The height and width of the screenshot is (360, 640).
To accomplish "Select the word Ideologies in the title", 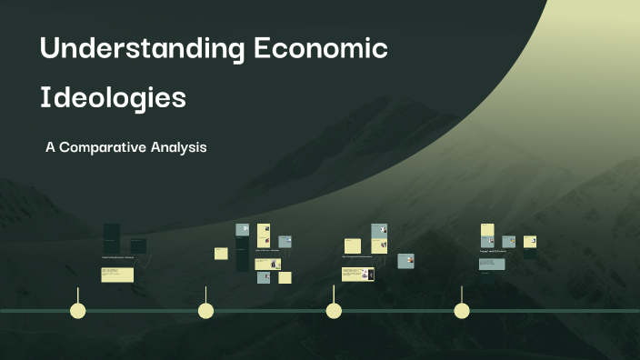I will coord(113,97).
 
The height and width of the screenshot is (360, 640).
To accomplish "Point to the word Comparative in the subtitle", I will coord(119,146).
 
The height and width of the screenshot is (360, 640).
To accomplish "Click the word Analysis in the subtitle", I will coord(182,146).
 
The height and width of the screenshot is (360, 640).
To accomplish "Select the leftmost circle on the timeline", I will coord(78,311).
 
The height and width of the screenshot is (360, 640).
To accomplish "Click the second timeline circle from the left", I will coord(206,311).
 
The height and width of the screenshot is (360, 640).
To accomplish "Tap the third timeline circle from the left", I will coord(334,311).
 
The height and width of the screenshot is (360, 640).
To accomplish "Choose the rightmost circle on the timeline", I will coord(462,311).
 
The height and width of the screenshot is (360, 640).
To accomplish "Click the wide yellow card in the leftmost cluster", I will coord(118,275).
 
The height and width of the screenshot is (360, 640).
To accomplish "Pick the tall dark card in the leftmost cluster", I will coord(111,238).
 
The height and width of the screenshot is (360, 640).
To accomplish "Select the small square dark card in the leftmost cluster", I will coord(137,245).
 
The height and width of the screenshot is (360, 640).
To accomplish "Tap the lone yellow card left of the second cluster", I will coord(221,254).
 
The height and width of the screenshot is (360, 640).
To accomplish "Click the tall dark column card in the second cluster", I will coord(242,254).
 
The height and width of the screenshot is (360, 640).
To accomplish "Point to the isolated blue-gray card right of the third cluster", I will coord(405,261).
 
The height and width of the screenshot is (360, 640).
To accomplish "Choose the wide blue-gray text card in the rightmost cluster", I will coord(492,264).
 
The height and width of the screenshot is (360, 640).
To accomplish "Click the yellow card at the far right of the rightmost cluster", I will coord(529,242).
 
